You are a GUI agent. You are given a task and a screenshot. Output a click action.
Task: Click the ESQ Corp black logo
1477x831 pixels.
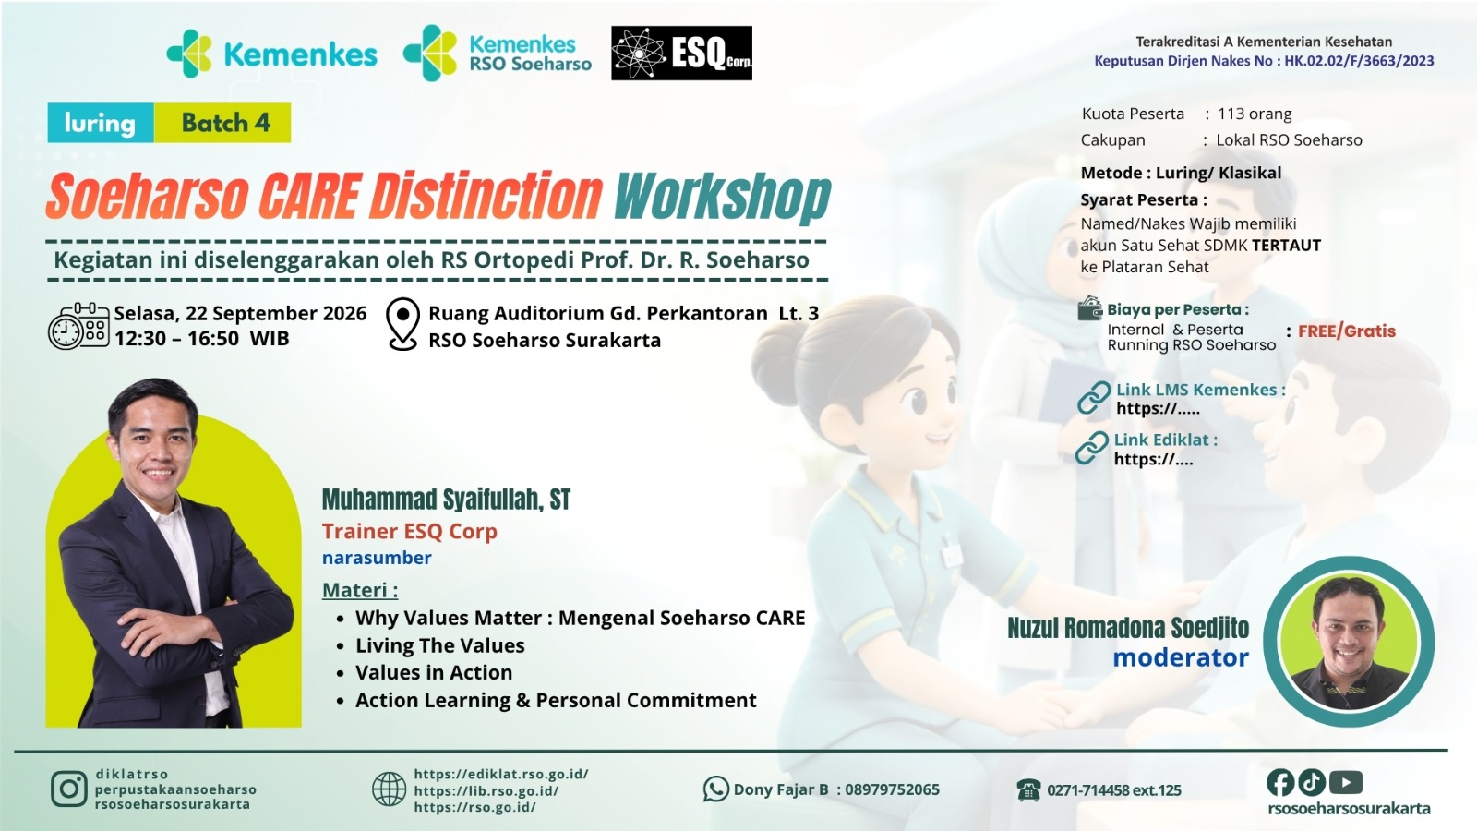pyautogui.click(x=681, y=53)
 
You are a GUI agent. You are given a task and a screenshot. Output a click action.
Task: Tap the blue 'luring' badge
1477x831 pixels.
pyautogui.click(x=101, y=123)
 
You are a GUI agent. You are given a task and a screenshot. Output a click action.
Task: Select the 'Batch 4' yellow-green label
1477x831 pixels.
pyautogui.click(x=222, y=123)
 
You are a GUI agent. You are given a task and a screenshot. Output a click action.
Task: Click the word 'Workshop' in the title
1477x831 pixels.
pyautogui.click(x=722, y=198)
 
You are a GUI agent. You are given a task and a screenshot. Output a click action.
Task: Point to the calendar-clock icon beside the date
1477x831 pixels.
pyautogui.click(x=78, y=326)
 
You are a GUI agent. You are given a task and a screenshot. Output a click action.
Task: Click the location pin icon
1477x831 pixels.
pyautogui.click(x=402, y=324)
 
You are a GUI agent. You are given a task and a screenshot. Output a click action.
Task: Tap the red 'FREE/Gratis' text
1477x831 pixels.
pyautogui.click(x=1347, y=331)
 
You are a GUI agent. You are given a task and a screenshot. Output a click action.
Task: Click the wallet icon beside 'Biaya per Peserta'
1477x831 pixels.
pyautogui.click(x=1090, y=308)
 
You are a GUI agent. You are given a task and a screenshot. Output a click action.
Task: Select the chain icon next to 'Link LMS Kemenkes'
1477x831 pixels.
pyautogui.click(x=1093, y=398)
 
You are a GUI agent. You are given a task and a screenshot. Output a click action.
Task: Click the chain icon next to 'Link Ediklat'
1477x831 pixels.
pyautogui.click(x=1091, y=448)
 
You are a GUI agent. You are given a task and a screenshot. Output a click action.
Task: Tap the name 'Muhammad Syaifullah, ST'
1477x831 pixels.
pyautogui.click(x=446, y=500)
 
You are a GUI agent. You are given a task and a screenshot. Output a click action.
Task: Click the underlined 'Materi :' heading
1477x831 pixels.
pyautogui.click(x=360, y=590)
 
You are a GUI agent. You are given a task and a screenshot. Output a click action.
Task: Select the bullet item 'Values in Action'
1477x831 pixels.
pyautogui.click(x=434, y=672)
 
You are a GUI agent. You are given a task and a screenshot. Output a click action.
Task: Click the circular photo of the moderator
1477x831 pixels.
pyautogui.click(x=1349, y=641)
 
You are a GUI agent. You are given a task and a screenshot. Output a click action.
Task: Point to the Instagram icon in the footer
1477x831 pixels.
pyautogui.click(x=69, y=789)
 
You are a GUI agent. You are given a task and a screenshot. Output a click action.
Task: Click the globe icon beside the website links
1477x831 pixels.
pyautogui.click(x=389, y=789)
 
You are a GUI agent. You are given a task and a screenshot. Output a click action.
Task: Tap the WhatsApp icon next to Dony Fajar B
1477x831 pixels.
pyautogui.click(x=716, y=789)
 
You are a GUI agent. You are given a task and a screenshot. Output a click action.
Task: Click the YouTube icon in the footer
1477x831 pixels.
pyautogui.click(x=1346, y=783)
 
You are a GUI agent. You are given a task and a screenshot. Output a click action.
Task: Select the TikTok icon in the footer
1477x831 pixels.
pyautogui.click(x=1312, y=783)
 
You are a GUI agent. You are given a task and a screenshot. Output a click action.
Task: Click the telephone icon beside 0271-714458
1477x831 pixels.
pyautogui.click(x=1028, y=789)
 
